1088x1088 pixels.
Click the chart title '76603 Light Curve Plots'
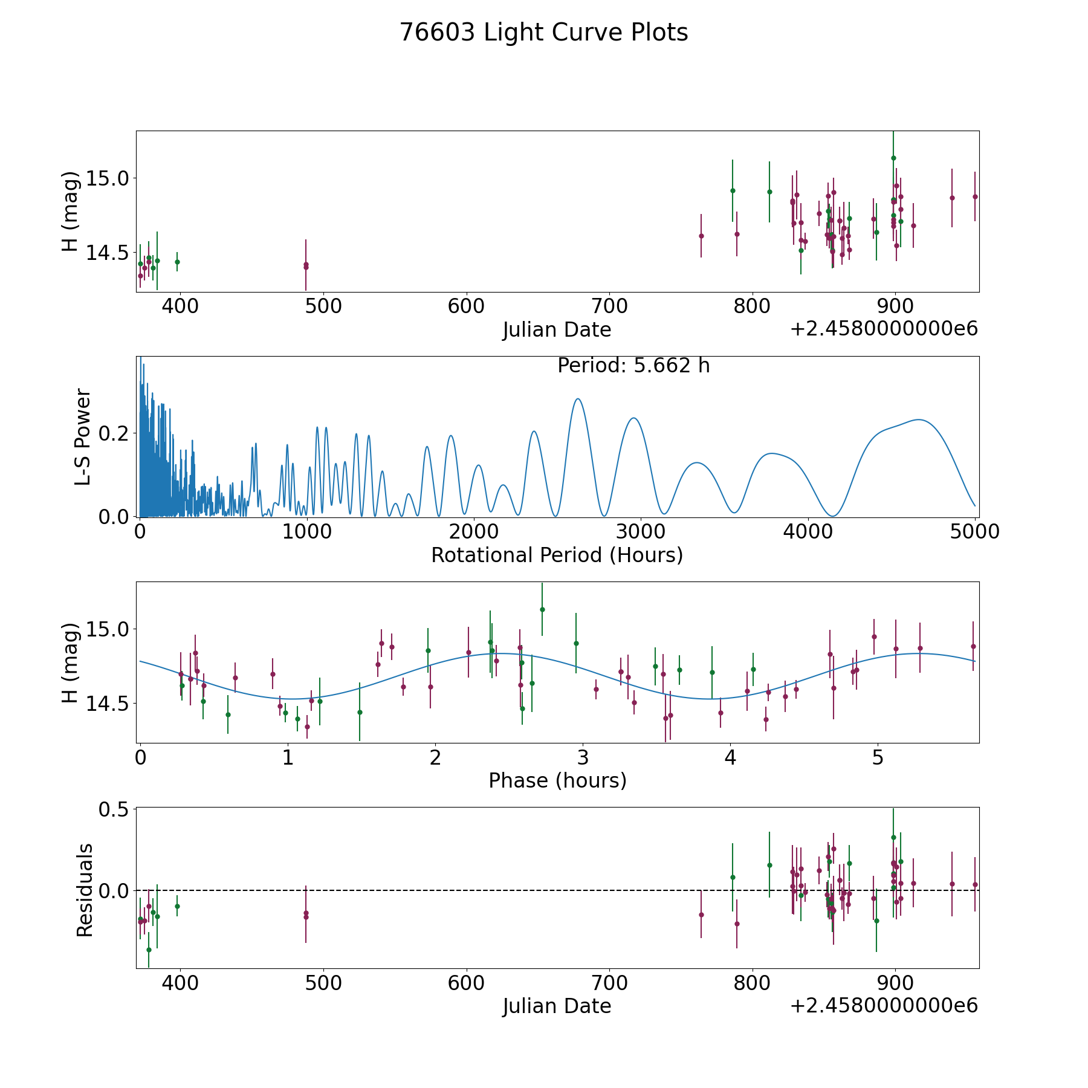(x=543, y=33)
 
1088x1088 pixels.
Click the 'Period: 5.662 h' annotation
(x=633, y=366)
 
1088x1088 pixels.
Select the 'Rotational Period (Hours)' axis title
(x=557, y=555)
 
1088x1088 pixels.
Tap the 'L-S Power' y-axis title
(x=83, y=436)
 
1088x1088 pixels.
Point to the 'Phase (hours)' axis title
(x=557, y=780)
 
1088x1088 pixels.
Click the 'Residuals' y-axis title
(x=85, y=890)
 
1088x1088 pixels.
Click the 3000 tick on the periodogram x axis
(x=641, y=531)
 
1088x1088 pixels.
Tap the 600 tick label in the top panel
(x=466, y=306)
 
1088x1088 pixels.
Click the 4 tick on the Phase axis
(x=731, y=757)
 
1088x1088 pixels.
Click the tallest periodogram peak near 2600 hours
(x=578, y=399)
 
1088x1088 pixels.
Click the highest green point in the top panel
(x=893, y=158)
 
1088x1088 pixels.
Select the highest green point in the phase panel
(x=542, y=609)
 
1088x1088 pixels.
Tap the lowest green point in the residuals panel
(x=149, y=950)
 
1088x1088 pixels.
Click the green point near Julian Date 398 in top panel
(x=177, y=262)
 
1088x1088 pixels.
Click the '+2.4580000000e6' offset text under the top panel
(x=884, y=329)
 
